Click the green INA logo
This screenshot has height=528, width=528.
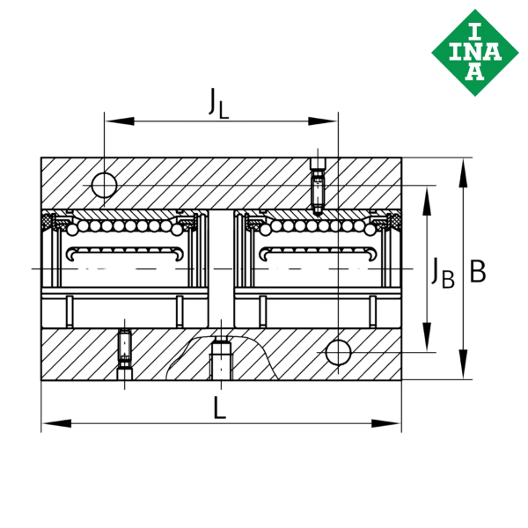[475, 53]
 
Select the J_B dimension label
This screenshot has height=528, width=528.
[443, 274]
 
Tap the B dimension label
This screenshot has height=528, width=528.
[478, 271]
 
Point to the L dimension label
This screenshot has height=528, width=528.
[220, 407]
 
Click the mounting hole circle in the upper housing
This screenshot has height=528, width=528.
[105, 185]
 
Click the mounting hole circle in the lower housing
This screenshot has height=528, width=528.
[339, 352]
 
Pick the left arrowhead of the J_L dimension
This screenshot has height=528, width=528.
[120, 121]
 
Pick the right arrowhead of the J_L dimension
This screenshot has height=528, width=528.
[323, 121]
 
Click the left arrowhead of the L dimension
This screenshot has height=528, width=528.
[56, 423]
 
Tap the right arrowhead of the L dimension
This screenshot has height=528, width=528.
[386, 423]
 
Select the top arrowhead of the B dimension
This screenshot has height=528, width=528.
[464, 172]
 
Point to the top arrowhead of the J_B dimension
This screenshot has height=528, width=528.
[427, 201]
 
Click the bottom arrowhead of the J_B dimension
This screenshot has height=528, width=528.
[427, 337]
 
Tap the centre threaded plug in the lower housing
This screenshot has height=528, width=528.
[221, 361]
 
